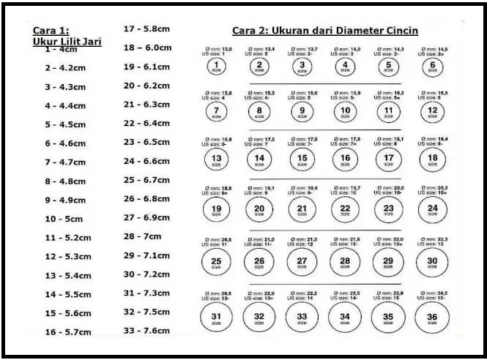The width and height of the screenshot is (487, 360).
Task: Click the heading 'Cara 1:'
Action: [51, 31]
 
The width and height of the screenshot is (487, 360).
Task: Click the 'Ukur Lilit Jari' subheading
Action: [67, 42]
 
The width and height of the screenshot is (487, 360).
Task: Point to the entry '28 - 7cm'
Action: [142, 236]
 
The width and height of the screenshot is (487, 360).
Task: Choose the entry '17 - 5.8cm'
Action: [147, 29]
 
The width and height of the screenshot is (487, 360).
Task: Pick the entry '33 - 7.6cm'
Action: [147, 331]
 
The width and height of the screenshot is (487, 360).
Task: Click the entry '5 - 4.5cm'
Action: [65, 124]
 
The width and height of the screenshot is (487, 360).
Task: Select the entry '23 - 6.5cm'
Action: [147, 142]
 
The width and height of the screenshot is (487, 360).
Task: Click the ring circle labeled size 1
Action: [217, 65]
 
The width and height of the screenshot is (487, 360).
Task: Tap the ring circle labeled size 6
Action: [433, 65]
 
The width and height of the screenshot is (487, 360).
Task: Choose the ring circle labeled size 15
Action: [302, 158]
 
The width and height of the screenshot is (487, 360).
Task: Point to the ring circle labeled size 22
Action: [345, 210]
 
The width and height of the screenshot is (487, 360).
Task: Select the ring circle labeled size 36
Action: [432, 318]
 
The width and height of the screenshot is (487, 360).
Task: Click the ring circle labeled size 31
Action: [217, 318]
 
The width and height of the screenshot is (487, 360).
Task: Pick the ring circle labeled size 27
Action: [302, 262]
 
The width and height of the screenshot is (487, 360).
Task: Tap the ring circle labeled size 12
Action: [433, 111]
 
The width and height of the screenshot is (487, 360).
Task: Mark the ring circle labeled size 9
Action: [302, 111]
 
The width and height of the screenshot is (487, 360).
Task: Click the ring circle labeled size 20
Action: [259, 210]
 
